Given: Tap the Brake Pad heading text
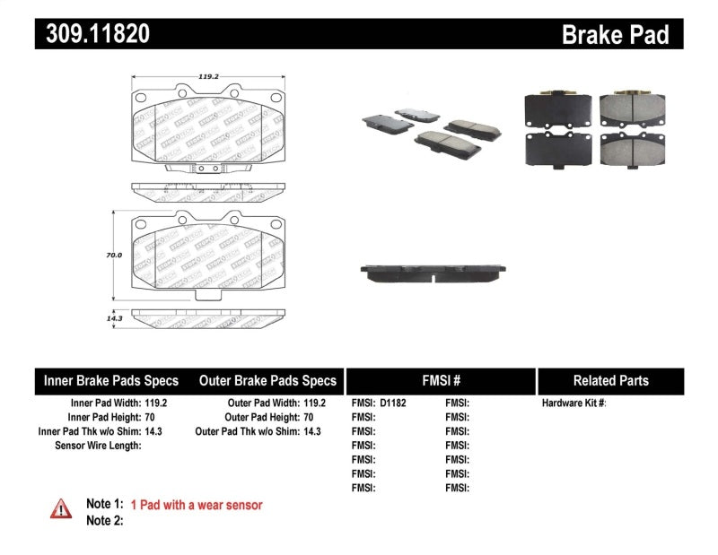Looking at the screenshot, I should coord(615,35).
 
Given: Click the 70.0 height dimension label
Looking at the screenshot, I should coord(114,256).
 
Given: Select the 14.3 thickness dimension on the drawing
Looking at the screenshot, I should coord(114,317).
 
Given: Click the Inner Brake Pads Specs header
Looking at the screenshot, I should coord(111,380).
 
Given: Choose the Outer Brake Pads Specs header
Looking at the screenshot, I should coord(267,380).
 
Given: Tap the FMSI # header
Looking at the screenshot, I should coord(440,380).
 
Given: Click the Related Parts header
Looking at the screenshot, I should coord(610,380).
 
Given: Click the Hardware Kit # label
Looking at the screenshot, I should coord(574,403).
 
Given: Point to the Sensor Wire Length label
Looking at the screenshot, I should coord(98,446).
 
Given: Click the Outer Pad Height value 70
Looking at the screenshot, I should coord(308,418).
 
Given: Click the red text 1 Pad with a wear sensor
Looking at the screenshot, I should coord(197,505).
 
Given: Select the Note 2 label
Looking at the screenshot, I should coord(104,520).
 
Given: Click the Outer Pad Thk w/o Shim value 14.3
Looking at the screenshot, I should coord(311,431).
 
